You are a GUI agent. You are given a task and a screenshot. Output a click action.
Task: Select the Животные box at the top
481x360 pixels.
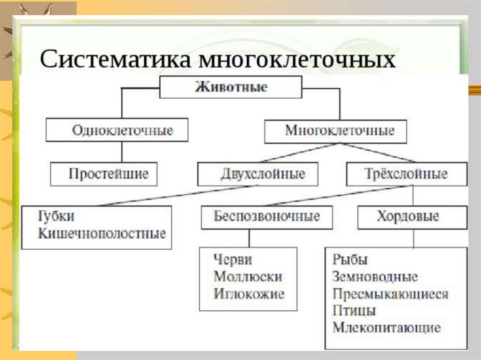[x=230, y=87]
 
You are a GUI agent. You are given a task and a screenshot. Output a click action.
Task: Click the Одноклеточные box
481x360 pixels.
[x=117, y=130]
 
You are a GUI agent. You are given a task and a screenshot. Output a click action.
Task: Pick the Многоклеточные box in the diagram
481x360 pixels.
[x=335, y=131]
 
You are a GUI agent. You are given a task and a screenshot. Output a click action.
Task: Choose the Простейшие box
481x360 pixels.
[x=104, y=174]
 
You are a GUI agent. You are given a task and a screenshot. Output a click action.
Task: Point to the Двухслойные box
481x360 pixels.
[x=257, y=174]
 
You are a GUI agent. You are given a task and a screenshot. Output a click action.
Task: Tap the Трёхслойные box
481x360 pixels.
[x=406, y=174]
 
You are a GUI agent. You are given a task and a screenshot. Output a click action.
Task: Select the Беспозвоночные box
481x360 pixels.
[x=267, y=217]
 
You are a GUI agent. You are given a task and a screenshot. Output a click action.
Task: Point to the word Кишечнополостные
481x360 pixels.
[x=101, y=233]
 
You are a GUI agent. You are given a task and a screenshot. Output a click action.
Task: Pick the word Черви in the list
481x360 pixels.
[x=233, y=260]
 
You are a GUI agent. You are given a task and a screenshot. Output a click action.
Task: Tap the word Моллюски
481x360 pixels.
[x=248, y=276]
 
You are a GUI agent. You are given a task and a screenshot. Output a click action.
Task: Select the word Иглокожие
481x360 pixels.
[x=249, y=294]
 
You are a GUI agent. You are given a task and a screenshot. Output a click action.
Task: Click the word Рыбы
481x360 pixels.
[x=350, y=260]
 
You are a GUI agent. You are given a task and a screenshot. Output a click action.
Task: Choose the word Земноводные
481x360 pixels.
[x=374, y=277]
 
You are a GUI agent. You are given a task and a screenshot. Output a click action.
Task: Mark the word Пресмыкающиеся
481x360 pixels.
[x=390, y=294]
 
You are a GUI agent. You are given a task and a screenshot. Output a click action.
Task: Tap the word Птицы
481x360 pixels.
[x=354, y=311]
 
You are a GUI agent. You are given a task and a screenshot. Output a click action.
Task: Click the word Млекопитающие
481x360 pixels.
[x=386, y=328]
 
